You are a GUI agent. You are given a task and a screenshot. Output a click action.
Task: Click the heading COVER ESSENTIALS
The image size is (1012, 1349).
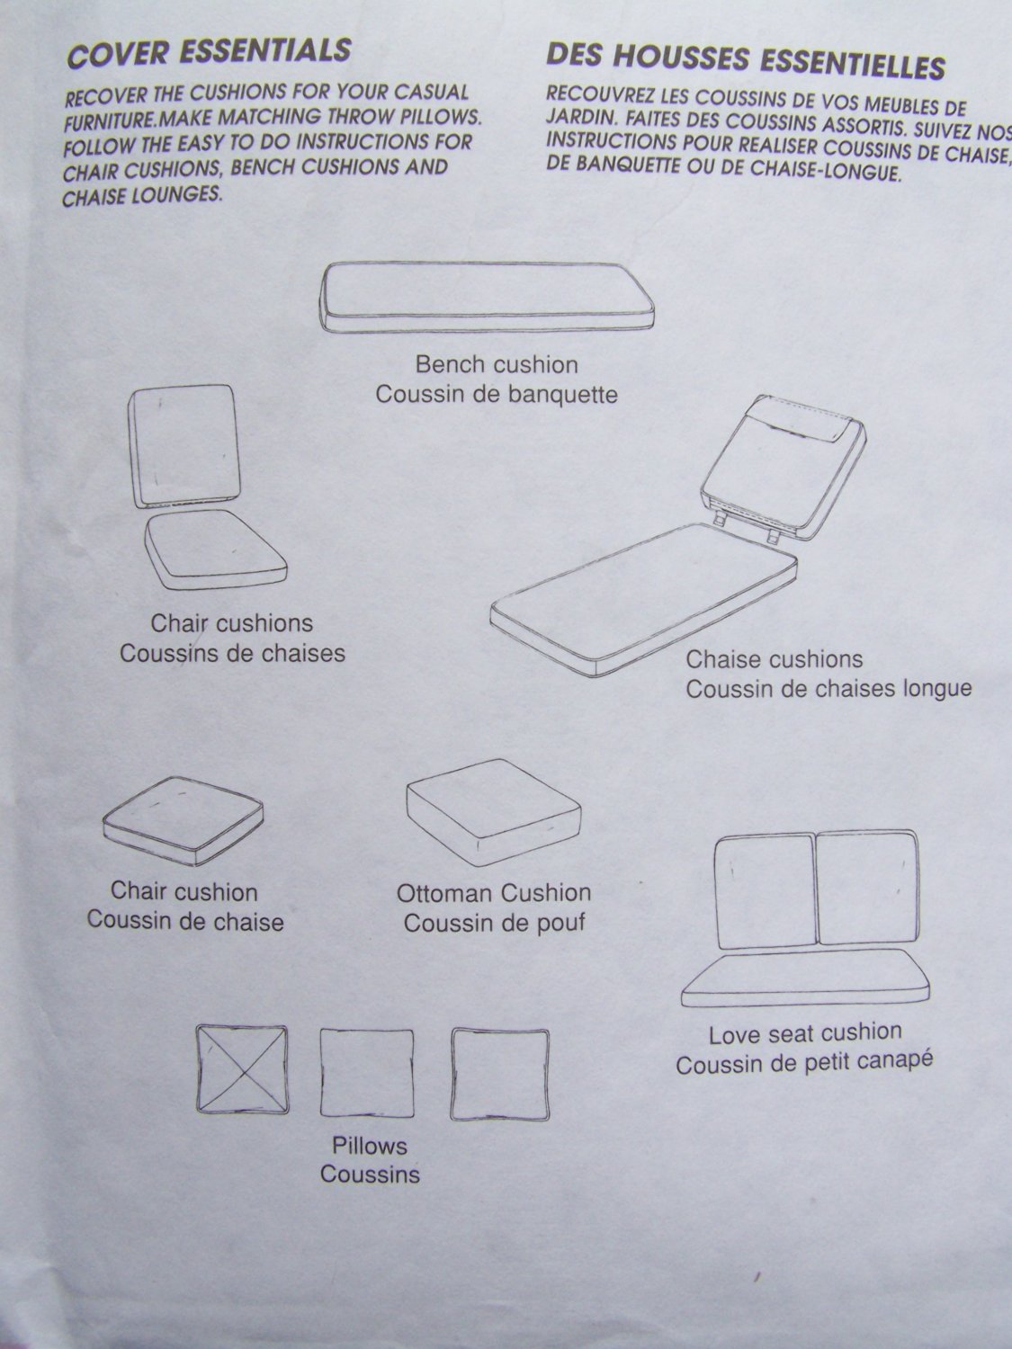(208, 51)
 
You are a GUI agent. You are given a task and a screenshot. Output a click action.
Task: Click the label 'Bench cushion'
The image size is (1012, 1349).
(497, 364)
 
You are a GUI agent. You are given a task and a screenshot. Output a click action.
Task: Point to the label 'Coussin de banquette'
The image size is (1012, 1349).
(497, 394)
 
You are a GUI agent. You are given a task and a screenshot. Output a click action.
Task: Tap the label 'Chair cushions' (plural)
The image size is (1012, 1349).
(232, 622)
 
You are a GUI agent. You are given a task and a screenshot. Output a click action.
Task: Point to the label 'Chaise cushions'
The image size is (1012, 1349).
(775, 659)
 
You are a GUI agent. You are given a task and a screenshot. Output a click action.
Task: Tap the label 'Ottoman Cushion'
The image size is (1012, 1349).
(494, 893)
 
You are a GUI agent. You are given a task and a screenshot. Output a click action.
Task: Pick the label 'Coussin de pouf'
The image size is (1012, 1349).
(494, 923)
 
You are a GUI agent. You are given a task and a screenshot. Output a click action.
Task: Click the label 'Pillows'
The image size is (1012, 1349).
(370, 1146)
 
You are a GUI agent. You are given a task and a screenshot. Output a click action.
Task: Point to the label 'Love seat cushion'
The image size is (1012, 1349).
(805, 1034)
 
